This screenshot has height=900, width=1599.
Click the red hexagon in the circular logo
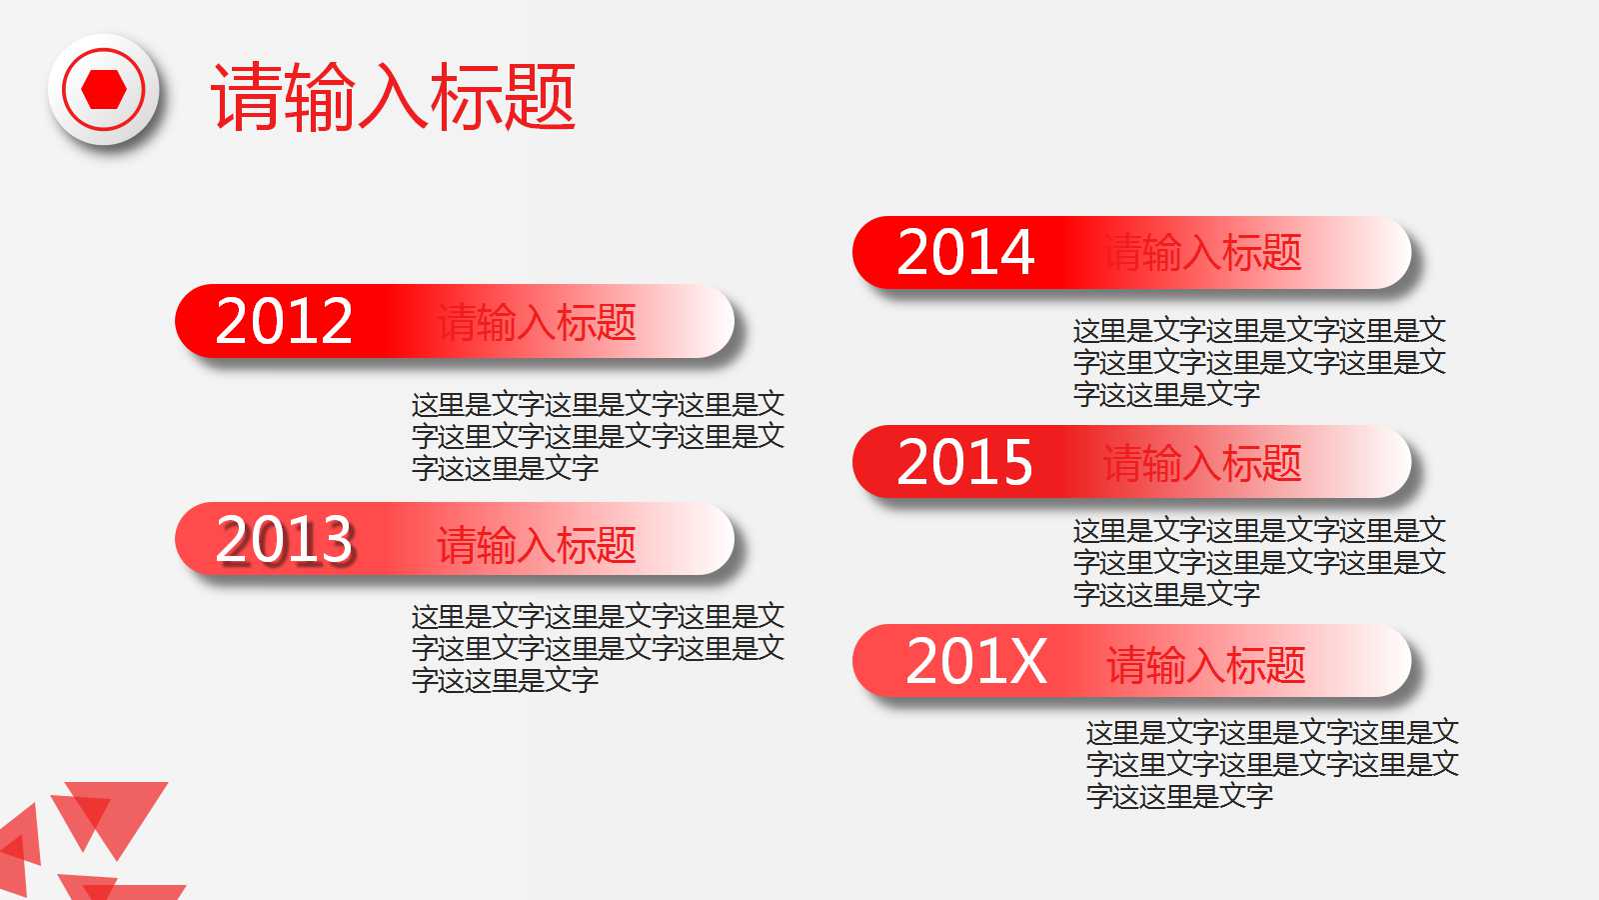[104, 90]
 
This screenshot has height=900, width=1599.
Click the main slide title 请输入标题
[393, 97]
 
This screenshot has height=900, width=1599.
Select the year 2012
[284, 322]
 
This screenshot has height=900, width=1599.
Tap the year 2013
[284, 540]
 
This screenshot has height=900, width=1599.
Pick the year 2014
[965, 253]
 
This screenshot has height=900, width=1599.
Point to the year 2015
[965, 462]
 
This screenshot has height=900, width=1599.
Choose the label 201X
[976, 662]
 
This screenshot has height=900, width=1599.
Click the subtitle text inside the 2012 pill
[537, 323]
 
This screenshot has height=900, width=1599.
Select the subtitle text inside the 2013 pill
[537, 545]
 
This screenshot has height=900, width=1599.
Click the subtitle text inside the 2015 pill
[1202, 463]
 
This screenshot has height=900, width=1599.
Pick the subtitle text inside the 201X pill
[1206, 665]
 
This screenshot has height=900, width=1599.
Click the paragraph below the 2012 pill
[598, 436]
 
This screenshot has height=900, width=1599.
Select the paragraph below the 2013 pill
[598, 648]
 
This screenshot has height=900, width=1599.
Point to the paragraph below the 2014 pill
[1259, 362]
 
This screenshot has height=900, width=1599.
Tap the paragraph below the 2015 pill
[1259, 562]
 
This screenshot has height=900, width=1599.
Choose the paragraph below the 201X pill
[1272, 764]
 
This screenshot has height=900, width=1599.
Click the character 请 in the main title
[246, 97]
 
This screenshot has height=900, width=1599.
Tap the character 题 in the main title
[539, 97]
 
